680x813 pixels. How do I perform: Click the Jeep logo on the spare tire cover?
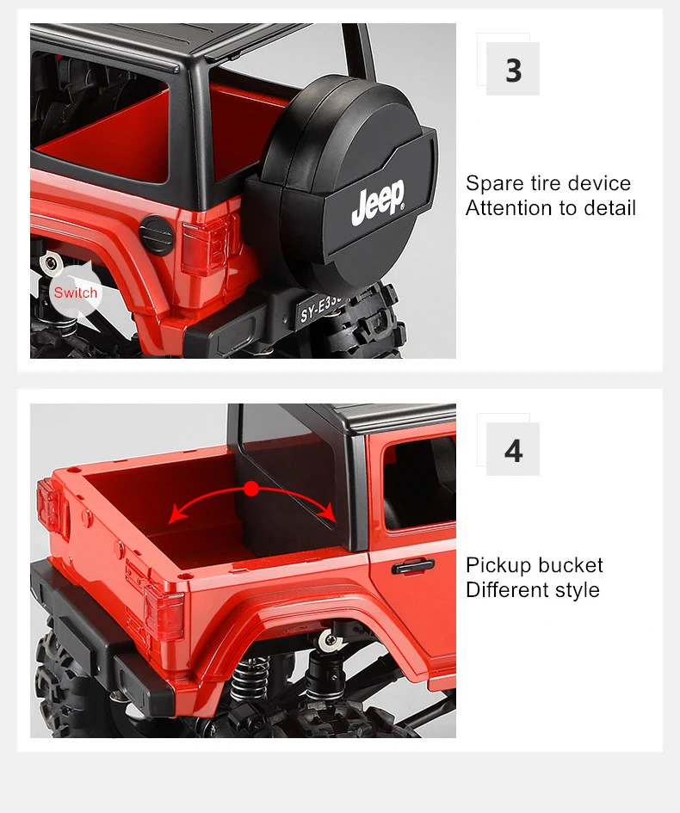378,201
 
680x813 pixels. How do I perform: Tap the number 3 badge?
512,69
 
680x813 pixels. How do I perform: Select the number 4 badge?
512,449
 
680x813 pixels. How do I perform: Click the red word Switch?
76,293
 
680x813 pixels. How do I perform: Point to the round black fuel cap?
156,235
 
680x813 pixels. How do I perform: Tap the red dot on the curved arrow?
251,489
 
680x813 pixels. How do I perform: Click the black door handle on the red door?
413,566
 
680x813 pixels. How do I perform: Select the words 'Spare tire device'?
548,183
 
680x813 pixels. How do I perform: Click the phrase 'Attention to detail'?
550,208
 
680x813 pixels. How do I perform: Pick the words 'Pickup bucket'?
535,564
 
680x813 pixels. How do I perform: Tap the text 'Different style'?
533,589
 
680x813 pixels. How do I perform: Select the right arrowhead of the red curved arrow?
328,514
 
